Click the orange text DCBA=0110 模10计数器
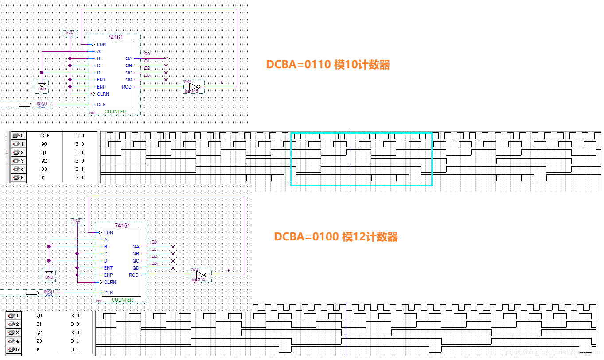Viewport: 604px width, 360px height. [327, 65]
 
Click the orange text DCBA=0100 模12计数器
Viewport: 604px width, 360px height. [335, 237]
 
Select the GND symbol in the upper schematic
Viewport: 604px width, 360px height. [42, 86]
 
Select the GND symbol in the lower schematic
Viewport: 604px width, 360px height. [49, 274]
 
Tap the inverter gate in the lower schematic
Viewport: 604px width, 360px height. [200, 275]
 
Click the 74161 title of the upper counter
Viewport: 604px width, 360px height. [116, 38]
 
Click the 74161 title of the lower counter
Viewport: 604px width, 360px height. [122, 226]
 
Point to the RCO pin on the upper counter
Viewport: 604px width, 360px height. [127, 87]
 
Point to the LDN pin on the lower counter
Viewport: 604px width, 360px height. [109, 232]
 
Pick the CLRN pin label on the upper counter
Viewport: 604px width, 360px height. [103, 94]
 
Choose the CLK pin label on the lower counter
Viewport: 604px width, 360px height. [109, 293]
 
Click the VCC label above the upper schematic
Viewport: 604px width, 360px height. [70, 33]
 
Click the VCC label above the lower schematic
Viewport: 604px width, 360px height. [77, 221]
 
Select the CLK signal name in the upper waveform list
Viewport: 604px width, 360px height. [45, 135]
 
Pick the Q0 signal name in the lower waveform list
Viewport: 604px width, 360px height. [39, 316]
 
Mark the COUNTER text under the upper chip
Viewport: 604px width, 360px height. [115, 112]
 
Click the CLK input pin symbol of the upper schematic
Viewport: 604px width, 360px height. [25, 105]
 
